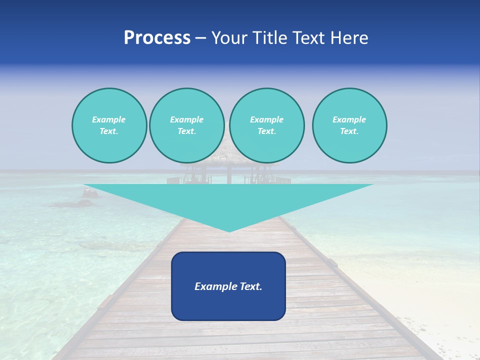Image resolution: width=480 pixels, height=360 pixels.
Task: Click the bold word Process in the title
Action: [x=157, y=38]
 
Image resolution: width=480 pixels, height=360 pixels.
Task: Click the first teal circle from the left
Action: [x=109, y=125]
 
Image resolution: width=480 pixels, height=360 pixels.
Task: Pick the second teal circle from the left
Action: [x=186, y=125]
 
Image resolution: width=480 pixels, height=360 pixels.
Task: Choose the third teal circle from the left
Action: [x=266, y=125]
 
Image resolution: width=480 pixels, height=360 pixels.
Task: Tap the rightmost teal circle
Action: [x=349, y=125]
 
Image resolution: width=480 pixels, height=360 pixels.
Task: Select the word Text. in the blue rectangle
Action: [x=251, y=286]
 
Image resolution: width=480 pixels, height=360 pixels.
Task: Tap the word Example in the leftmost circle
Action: [x=109, y=119]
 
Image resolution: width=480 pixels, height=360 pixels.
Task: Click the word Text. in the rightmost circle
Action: [x=349, y=131]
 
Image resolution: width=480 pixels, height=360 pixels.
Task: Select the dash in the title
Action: [x=200, y=38]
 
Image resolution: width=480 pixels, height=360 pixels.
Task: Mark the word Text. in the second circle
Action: [x=186, y=131]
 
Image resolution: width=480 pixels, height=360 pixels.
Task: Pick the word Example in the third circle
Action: [x=266, y=119]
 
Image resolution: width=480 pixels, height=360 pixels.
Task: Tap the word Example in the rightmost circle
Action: [x=349, y=119]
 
